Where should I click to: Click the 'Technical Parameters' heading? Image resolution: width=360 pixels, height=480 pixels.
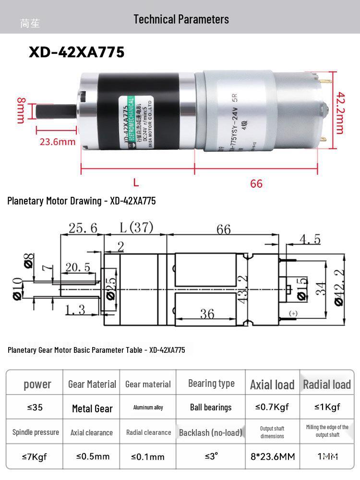coord(181,19)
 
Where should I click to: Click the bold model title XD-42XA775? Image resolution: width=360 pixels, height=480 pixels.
coord(77,52)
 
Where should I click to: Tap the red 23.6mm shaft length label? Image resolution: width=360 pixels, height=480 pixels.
coord(57,142)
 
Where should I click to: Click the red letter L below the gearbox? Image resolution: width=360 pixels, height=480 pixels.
coord(136,182)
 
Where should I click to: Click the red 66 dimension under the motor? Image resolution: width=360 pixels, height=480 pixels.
coord(256,183)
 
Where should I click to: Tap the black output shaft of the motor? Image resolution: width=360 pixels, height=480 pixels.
coord(55,111)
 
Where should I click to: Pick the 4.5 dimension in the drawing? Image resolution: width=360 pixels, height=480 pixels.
coord(310,239)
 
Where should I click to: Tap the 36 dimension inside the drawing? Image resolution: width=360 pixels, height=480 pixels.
coord(207,313)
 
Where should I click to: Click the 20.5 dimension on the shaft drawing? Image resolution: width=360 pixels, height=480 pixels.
coord(78,267)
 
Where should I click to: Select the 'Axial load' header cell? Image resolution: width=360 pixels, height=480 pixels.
coord(272,384)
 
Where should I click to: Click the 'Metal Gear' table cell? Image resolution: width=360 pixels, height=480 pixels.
coord(92,408)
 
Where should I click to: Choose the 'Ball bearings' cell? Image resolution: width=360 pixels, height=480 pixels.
coord(211,408)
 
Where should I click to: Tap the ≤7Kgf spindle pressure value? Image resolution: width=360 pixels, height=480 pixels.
coord(35,456)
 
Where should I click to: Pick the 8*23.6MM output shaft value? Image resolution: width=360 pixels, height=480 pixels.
coord(273,456)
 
